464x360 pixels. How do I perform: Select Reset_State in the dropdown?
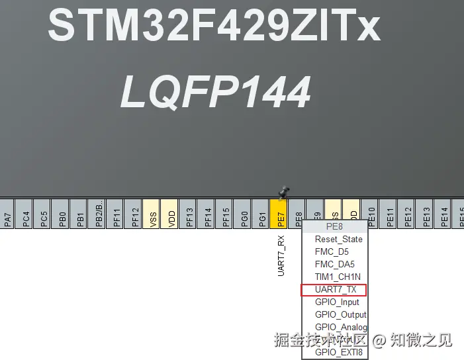tap(338, 239)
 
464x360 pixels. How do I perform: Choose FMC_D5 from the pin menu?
tap(332, 251)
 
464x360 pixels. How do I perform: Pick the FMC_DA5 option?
tap(334, 264)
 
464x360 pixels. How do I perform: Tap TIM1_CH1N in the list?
tap(338, 277)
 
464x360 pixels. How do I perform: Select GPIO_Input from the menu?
tap(337, 302)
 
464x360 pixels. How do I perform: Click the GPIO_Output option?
tap(340, 315)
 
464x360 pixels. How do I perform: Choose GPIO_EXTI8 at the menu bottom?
tap(338, 352)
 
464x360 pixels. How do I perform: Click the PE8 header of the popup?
tap(334, 226)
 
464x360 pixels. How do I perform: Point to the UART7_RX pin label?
tap(281, 255)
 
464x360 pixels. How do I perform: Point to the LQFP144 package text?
tap(215, 92)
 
